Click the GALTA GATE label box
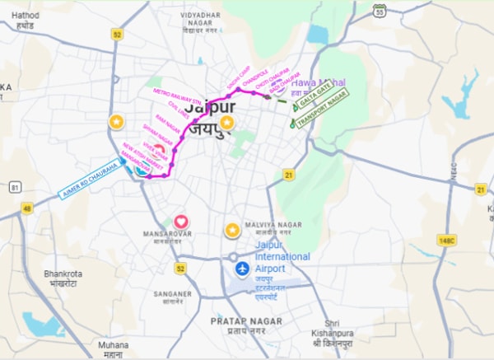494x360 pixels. tap(310, 103)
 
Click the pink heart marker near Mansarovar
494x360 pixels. tap(181, 222)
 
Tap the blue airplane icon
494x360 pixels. tap(242, 269)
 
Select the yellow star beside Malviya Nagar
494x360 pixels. tap(233, 229)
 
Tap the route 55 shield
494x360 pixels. tap(379, 10)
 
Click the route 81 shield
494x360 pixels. tap(16, 188)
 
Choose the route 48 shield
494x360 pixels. tap(26, 209)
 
